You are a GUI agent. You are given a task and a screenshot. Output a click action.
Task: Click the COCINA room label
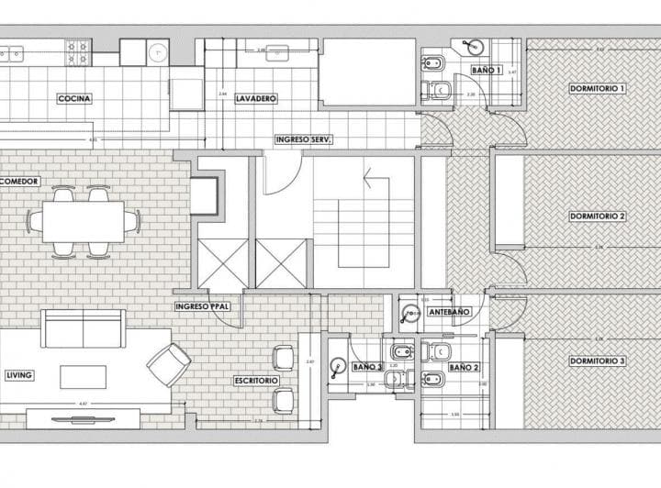(x=74, y=98)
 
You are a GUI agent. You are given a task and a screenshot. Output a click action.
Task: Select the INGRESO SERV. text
(x=303, y=139)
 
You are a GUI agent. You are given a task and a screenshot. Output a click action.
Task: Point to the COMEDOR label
(x=19, y=182)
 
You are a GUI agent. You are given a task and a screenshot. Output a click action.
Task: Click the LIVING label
(x=19, y=375)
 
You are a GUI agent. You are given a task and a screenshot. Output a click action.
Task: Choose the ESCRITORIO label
(x=256, y=380)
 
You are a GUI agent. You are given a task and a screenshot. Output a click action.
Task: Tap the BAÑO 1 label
(x=487, y=70)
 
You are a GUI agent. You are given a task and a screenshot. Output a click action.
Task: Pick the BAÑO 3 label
(x=367, y=367)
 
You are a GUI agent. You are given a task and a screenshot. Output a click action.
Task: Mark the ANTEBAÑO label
(x=450, y=313)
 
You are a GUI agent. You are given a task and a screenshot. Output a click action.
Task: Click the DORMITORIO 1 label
(x=598, y=89)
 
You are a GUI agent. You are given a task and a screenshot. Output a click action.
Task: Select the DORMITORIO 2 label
(x=598, y=216)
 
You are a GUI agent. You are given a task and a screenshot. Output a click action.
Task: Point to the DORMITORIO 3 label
(x=598, y=361)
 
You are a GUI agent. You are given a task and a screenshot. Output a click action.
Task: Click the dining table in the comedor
(x=83, y=221)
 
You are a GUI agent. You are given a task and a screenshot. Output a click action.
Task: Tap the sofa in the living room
(x=83, y=328)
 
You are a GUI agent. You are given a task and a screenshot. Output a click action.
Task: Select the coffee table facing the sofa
(x=83, y=376)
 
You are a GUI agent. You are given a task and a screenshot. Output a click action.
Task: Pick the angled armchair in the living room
(x=169, y=364)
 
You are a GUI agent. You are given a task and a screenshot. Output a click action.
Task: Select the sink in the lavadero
(x=278, y=53)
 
